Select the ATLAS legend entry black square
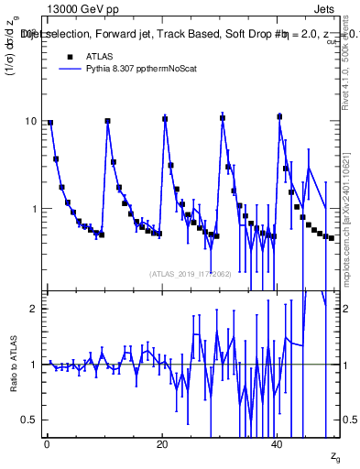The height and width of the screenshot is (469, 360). pos(69,56)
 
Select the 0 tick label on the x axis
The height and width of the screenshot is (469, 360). pos(47,444)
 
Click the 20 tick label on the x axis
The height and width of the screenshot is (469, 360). pos(162,444)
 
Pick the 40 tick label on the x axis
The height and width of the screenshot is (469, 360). pos(278,444)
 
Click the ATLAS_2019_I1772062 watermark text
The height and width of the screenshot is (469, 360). pos(191,273)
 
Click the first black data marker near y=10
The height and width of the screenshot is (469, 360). pos(50,123)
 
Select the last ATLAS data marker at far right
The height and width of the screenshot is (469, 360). pos(331,238)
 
